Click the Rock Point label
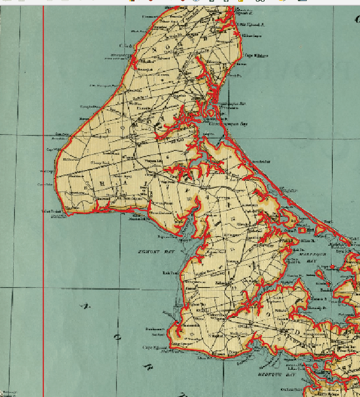[170, 273]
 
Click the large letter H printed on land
[102, 183]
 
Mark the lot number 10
[189, 199]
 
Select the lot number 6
[167, 157]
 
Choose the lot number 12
[233, 219]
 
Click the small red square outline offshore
[302, 230]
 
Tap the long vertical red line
[43, 198]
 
